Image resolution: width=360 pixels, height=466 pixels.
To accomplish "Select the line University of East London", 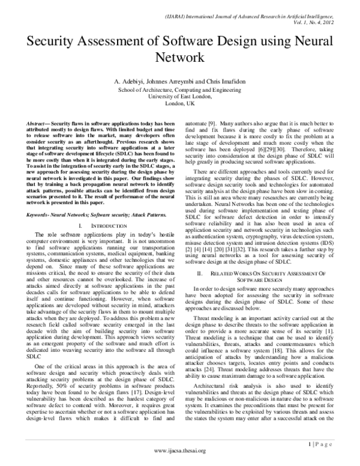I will click(181, 95).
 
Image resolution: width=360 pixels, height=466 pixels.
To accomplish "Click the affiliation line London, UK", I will click(181, 103).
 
